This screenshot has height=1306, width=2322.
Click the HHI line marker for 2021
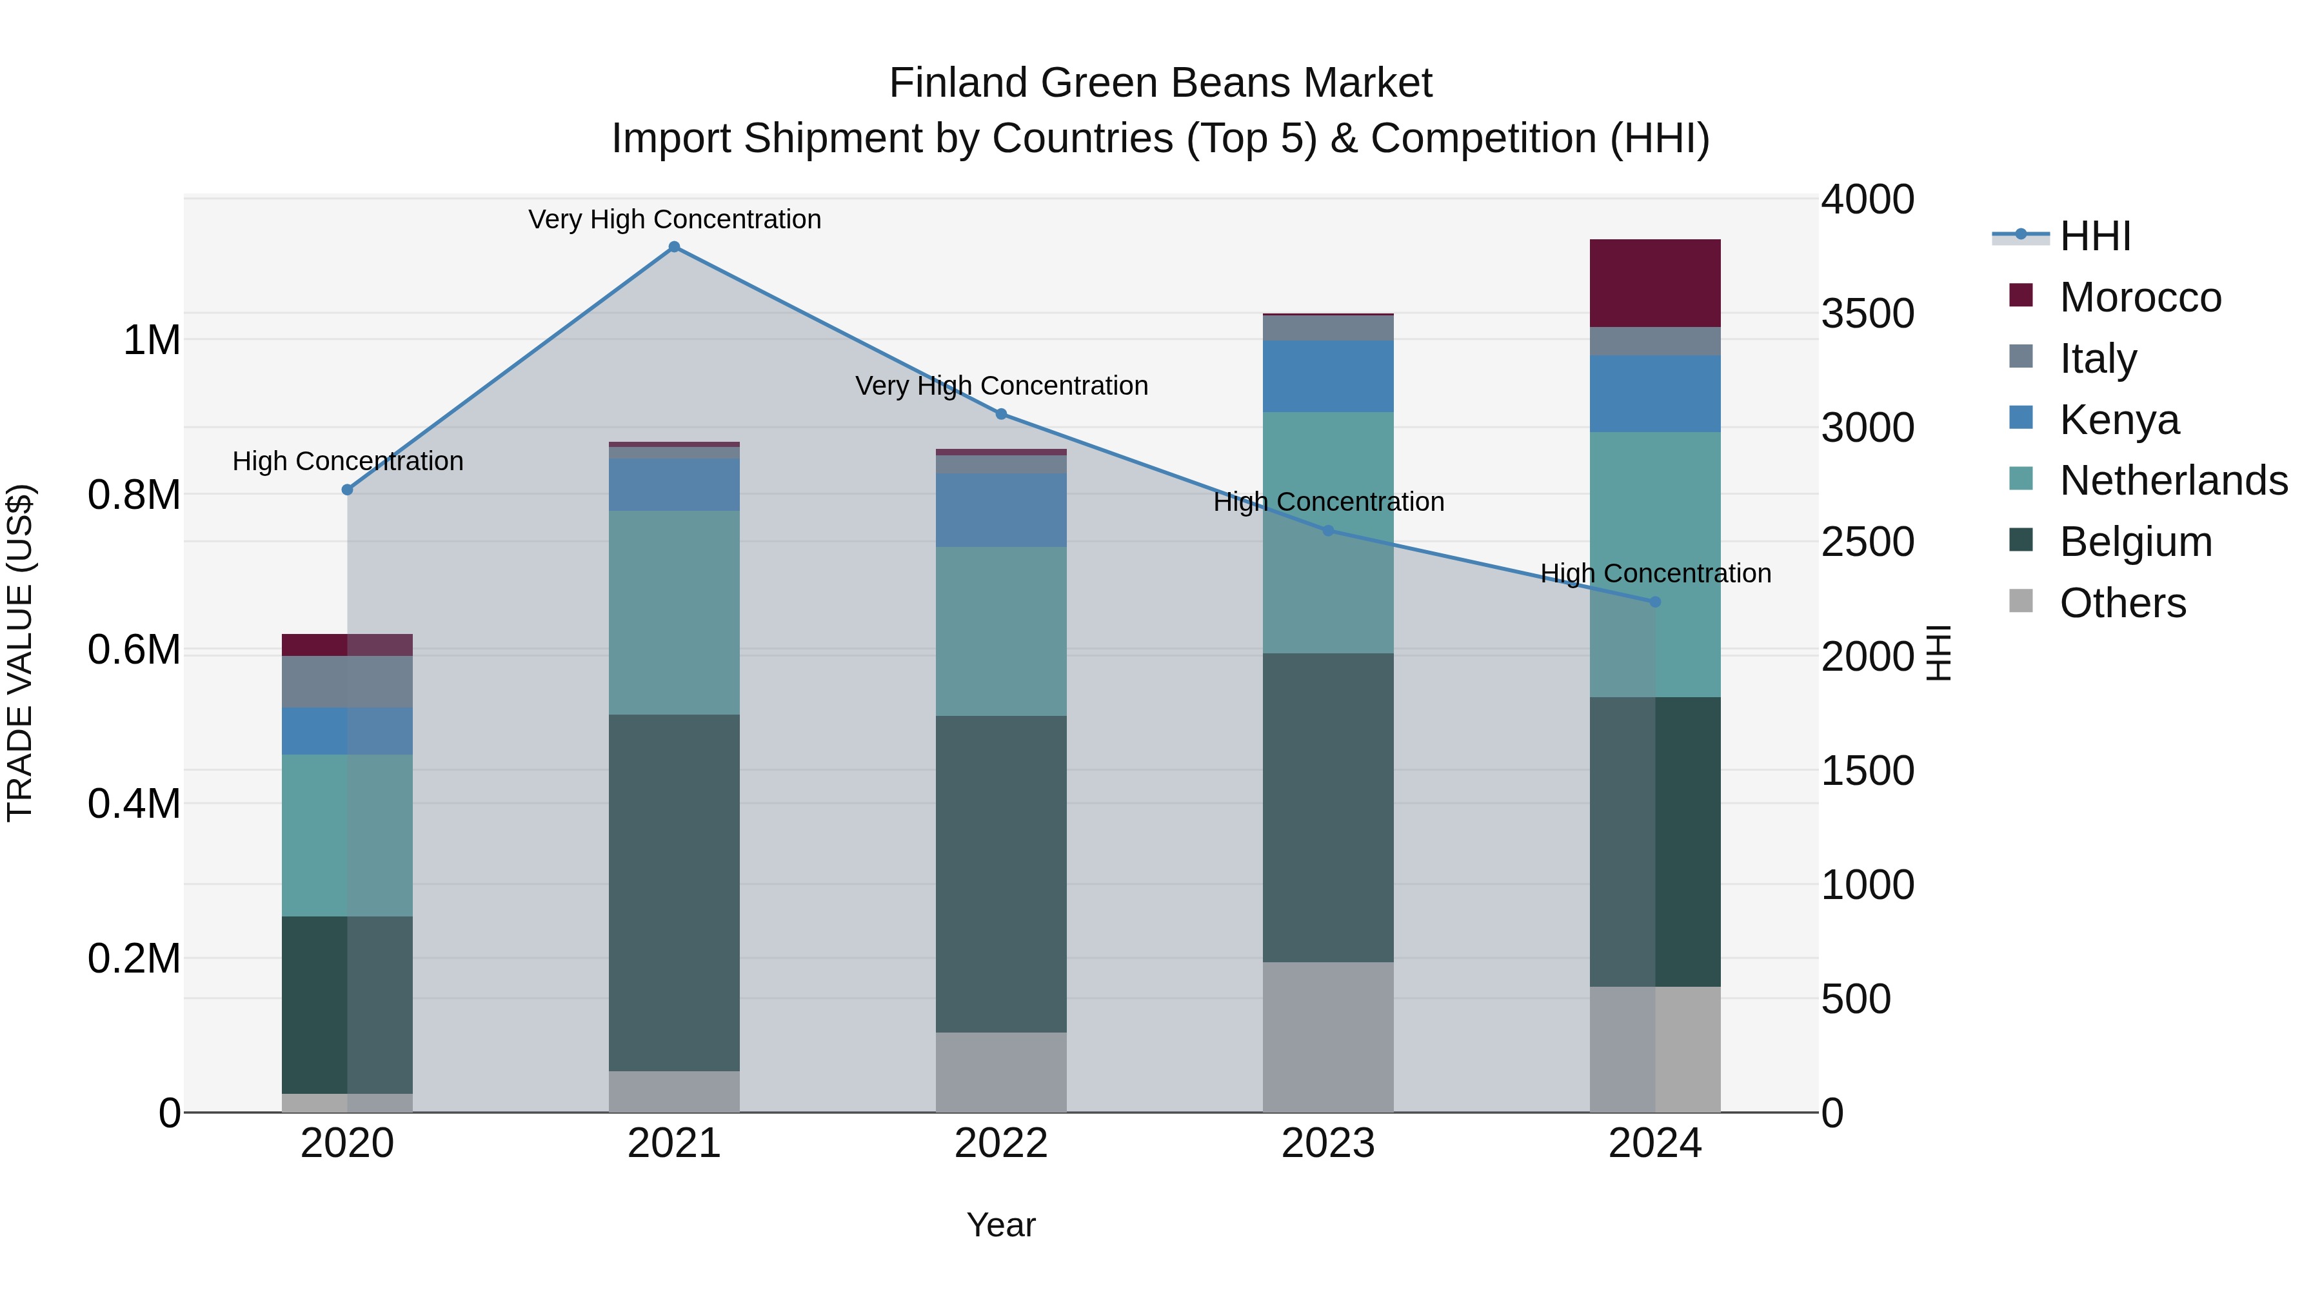pyautogui.click(x=674, y=247)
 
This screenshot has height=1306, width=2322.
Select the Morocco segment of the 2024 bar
pyautogui.click(x=1655, y=283)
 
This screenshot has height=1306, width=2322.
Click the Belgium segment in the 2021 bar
pyautogui.click(x=674, y=893)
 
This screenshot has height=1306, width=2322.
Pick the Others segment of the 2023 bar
pyautogui.click(x=1328, y=1036)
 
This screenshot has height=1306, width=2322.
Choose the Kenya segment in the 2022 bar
pyautogui.click(x=1000, y=510)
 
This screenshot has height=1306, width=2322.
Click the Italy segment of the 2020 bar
pyautogui.click(x=347, y=682)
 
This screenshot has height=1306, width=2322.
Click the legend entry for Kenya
pyautogui.click(x=2118, y=420)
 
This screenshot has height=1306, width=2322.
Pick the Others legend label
pyautogui.click(x=2123, y=603)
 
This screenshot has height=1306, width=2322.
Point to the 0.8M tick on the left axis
pyautogui.click(x=134, y=495)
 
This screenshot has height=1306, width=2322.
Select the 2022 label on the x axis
pyautogui.click(x=1000, y=1143)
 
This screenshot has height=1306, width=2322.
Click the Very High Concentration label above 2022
pyautogui.click(x=1000, y=386)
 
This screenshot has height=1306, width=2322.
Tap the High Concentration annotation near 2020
pyautogui.click(x=348, y=462)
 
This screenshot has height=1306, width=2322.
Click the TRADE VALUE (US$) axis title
pyautogui.click(x=20, y=653)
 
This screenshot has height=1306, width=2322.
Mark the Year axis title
pyautogui.click(x=1000, y=1225)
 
